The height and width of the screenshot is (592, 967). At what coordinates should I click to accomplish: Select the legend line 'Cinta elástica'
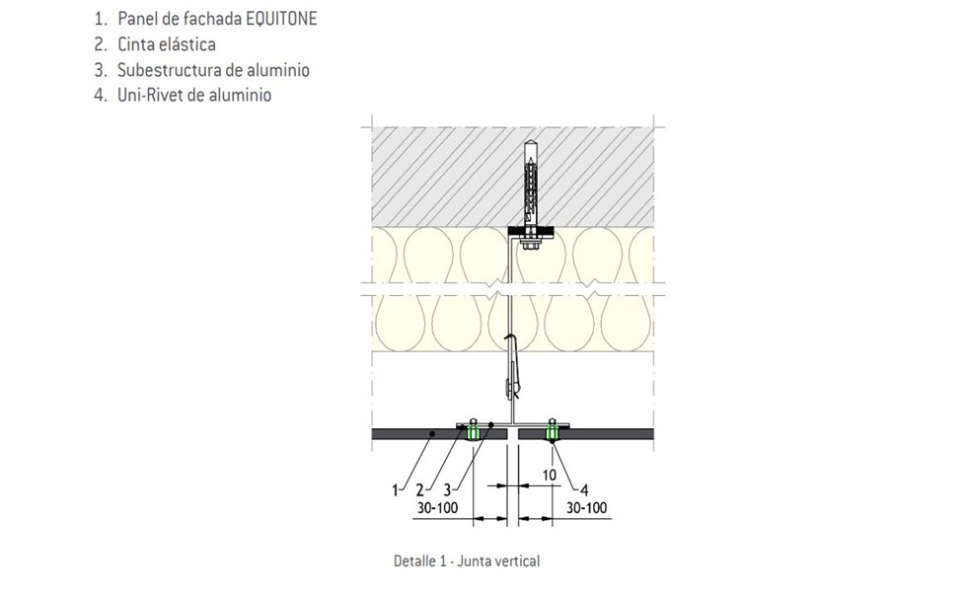[x=166, y=44]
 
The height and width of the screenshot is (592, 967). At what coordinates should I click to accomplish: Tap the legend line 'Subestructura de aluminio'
[x=213, y=70]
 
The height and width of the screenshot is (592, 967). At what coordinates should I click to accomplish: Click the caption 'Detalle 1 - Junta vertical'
[x=467, y=560]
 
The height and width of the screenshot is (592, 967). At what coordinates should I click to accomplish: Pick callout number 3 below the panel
[x=449, y=487]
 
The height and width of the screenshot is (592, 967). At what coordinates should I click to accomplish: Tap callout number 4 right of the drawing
[x=585, y=487]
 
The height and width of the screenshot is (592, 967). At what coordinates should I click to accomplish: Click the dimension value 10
[x=549, y=476]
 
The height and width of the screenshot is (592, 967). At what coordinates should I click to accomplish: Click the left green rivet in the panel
[x=474, y=429]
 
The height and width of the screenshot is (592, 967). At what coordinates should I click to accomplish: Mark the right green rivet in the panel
[x=552, y=429]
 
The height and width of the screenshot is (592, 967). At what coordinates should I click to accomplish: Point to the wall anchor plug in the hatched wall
[x=531, y=183]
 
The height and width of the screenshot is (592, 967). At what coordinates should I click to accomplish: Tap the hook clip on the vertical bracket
[x=511, y=365]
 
